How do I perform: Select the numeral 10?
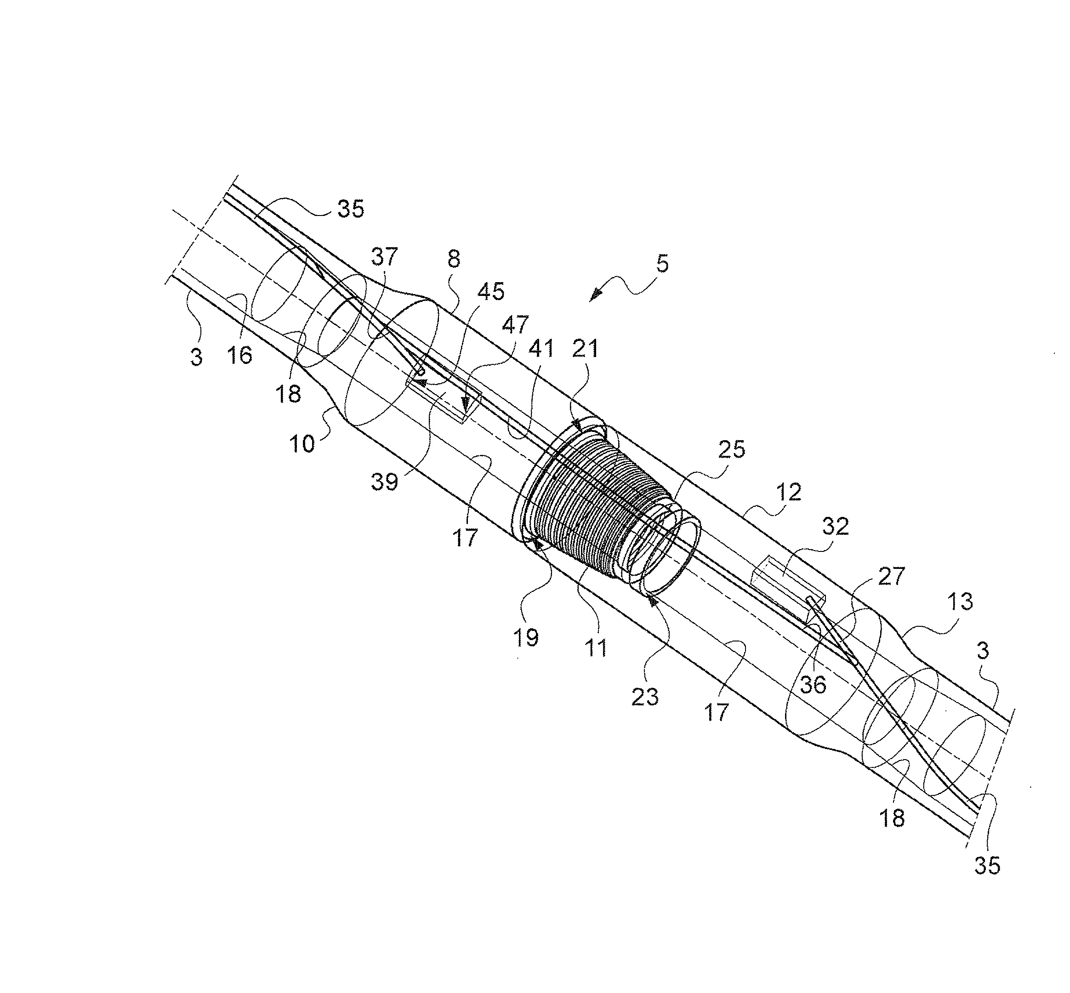point(302,444)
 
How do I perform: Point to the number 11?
point(596,648)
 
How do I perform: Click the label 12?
point(788,492)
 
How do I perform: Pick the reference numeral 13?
point(960,602)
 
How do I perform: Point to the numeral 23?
point(644,697)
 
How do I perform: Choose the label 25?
point(731,449)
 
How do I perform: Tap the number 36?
point(813,685)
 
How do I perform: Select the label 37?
point(384,257)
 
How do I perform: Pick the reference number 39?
point(384,482)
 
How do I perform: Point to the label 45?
point(491,291)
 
